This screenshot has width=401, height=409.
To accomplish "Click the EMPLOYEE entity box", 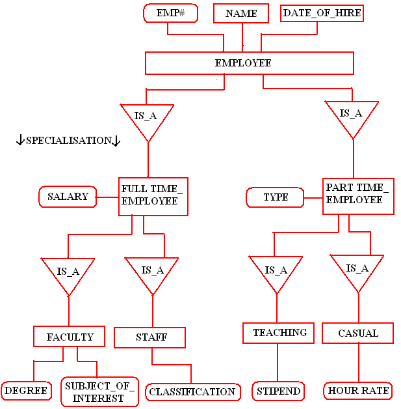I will pos(249,63).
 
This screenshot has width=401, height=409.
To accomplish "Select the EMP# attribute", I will pos(170,13).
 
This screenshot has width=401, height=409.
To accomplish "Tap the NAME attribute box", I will pos(242,14).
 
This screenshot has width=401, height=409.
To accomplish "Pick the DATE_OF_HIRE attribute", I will pos(322,13).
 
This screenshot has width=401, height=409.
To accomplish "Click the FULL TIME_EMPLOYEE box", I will pos(153,195).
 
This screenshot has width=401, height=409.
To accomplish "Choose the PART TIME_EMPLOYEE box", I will pos(357,195).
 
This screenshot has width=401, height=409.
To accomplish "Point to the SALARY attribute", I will pos(68,197).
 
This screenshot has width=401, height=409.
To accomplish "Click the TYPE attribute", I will pos(276,197).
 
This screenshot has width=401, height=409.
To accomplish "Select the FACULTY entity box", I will pos(69,337).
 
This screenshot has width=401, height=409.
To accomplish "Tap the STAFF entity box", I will pos(150,337).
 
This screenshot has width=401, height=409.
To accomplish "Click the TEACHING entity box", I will pos(279,333).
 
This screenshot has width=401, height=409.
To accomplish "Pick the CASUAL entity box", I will pos(358,333).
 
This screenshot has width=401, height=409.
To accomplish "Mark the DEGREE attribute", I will pos(26,391).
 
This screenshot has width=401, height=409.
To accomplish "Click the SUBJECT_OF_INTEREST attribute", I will pos(99,392).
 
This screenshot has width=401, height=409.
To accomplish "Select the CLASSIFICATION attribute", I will pos(192,392).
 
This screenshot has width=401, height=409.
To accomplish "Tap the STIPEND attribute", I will pos(278,391).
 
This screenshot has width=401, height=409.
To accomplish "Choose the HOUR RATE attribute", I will pos(358,391).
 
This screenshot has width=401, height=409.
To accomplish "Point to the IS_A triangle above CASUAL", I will pos(357,270).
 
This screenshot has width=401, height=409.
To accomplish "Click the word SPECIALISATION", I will pos(68,141).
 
